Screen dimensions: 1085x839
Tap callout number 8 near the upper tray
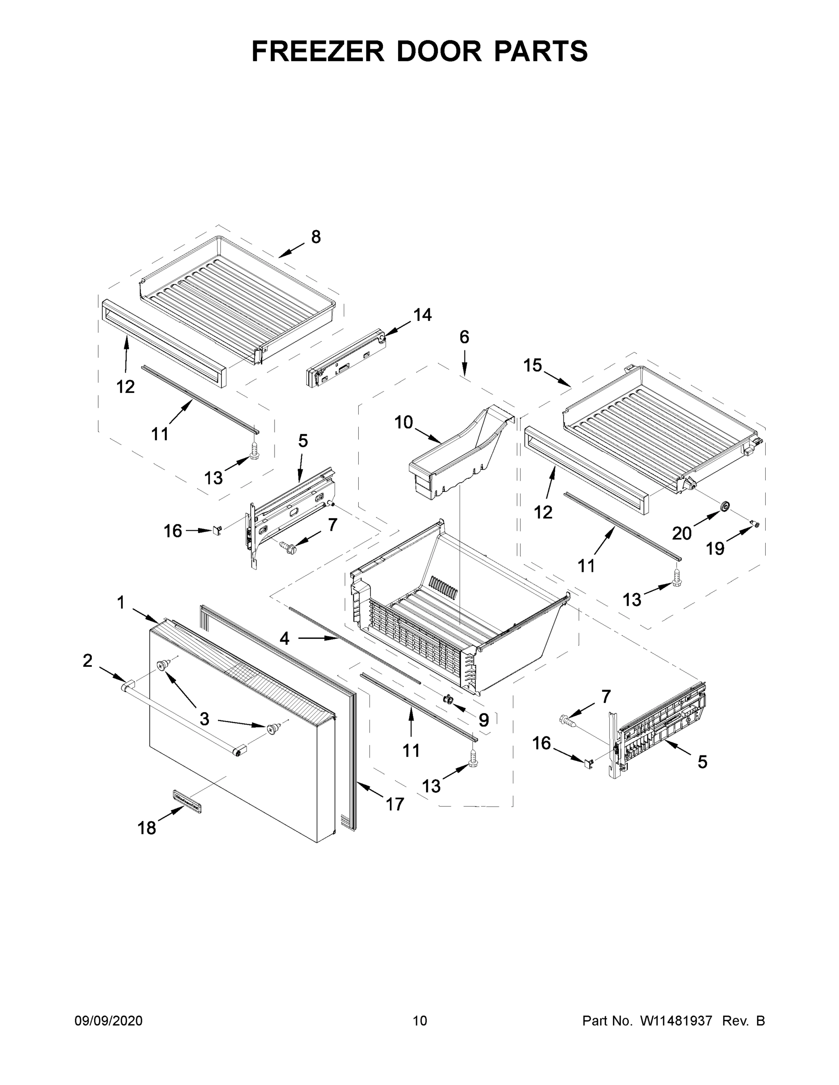pos(316,237)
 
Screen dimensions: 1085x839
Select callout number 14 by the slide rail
pos(422,315)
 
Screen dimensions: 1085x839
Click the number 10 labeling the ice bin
pos(403,422)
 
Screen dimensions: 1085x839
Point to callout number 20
pos(682,533)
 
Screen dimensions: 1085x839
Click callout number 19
pos(716,548)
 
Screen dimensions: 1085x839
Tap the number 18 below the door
pos(147,828)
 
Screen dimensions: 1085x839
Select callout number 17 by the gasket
pos(395,804)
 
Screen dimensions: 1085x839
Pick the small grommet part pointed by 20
pos(725,506)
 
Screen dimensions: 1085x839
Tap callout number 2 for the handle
pos(87,661)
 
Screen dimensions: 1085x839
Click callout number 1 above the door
pos(121,603)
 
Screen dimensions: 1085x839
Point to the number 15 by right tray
pos(532,365)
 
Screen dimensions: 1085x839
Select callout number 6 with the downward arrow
pos(464,337)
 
